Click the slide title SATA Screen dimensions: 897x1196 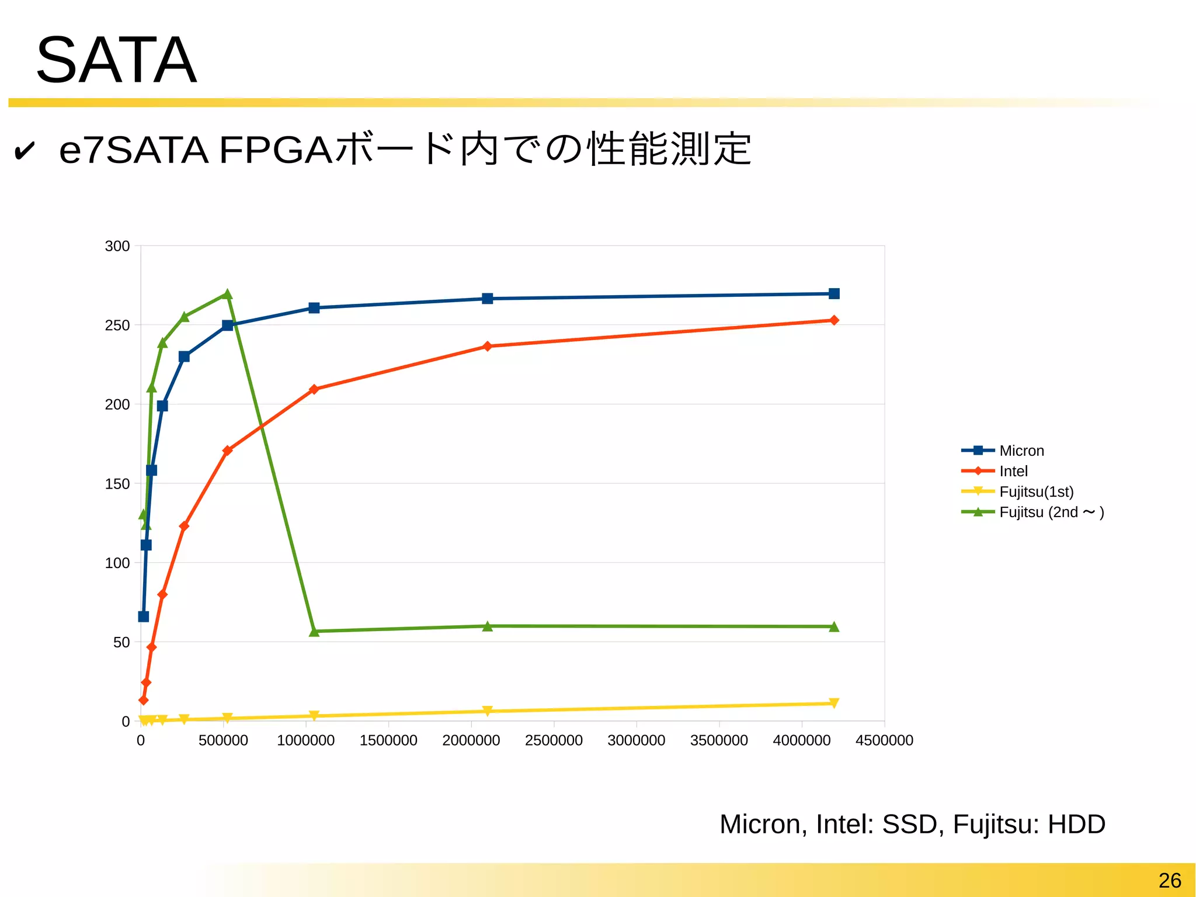click(x=116, y=60)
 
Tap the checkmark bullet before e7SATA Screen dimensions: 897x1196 click(x=24, y=151)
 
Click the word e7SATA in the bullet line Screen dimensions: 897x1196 click(x=134, y=150)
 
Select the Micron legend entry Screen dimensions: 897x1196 click(x=1021, y=451)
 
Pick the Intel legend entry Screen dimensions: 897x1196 click(x=1013, y=471)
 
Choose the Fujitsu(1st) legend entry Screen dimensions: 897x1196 click(x=1035, y=491)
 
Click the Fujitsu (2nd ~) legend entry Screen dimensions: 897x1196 click(x=1051, y=512)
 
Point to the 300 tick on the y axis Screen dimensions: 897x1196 click(x=117, y=246)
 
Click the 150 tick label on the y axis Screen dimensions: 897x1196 click(x=117, y=484)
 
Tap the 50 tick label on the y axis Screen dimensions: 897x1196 click(x=121, y=642)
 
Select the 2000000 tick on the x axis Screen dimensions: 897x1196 click(x=471, y=740)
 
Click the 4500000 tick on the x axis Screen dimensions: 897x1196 click(x=884, y=740)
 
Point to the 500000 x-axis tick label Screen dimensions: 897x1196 click(x=223, y=740)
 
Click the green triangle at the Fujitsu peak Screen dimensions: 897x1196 click(x=228, y=295)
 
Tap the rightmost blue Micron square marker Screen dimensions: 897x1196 click(x=834, y=294)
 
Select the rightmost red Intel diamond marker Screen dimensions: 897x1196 click(x=834, y=320)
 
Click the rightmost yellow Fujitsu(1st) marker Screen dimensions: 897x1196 click(x=834, y=703)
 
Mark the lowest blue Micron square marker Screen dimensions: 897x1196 click(x=144, y=617)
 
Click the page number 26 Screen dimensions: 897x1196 click(x=1170, y=880)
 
